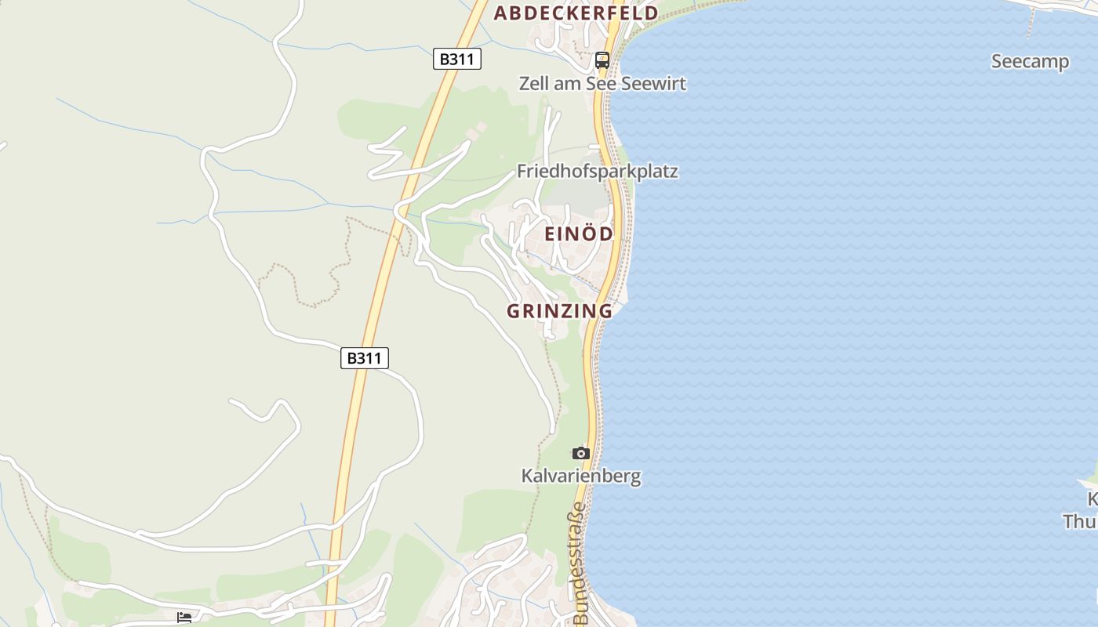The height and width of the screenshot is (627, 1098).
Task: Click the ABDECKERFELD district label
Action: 576,13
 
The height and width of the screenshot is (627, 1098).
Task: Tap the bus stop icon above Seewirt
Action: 602,60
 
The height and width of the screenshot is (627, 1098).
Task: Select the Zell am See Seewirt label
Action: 602,83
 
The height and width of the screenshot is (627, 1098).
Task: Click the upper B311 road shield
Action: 456,59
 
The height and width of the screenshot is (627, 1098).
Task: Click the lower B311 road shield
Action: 365,358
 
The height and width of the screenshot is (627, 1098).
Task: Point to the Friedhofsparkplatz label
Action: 597,172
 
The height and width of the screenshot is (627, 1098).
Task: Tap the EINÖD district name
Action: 579,234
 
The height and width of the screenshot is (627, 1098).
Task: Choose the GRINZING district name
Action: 559,311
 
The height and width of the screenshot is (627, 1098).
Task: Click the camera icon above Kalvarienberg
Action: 581,453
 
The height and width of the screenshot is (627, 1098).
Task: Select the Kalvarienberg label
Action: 581,476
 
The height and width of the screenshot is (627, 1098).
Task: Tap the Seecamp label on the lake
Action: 1030,62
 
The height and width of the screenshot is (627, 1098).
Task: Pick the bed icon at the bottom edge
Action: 184,618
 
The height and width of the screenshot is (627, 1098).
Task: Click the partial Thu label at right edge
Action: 1081,521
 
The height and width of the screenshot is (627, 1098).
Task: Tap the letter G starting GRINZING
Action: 514,311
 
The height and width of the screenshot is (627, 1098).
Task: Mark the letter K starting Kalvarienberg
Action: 527,476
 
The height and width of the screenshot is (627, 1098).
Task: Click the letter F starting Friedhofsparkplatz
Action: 522,172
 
